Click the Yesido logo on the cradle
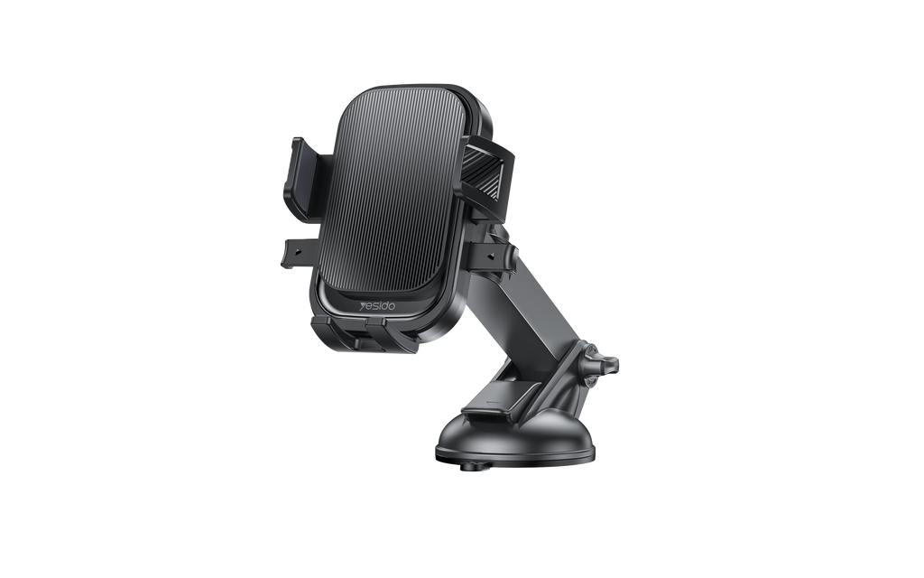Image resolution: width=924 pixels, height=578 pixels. click(x=378, y=307)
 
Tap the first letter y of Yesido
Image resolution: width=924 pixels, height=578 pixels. click(x=364, y=307)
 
